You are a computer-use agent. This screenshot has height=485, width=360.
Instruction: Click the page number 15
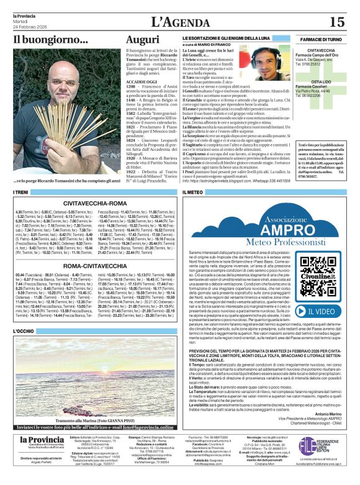pyautogui.click(x=336, y=22)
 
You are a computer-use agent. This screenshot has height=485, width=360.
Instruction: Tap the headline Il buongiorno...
pyautogui.click(x=51, y=40)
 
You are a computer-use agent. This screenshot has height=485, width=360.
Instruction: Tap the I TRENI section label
pyautogui.click(x=21, y=192)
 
